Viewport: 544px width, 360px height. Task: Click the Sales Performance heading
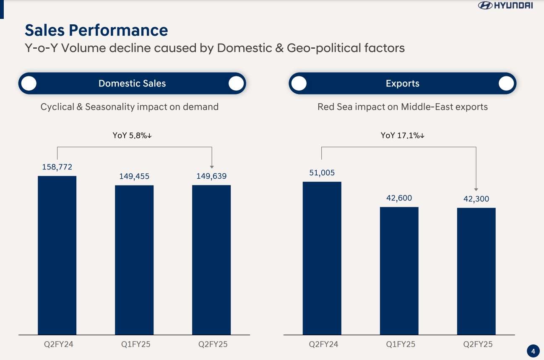[96, 30]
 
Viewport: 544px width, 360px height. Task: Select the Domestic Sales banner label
[132, 83]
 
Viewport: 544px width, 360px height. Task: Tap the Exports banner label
[402, 83]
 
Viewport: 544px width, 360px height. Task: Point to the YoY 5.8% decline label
[132, 136]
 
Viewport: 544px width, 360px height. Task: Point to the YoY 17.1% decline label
[403, 136]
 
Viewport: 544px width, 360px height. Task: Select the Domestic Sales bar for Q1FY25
[134, 260]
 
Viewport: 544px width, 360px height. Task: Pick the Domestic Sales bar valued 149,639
[211, 260]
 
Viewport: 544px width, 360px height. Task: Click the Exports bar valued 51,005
[322, 258]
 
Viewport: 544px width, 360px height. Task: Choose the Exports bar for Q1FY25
[399, 271]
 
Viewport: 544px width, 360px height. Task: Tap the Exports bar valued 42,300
[476, 271]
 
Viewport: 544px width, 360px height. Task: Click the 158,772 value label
[57, 167]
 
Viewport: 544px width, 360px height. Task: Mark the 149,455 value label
[134, 176]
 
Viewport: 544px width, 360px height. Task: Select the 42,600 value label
[399, 198]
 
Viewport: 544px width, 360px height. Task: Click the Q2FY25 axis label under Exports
[478, 344]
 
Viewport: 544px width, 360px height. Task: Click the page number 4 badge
[533, 351]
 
